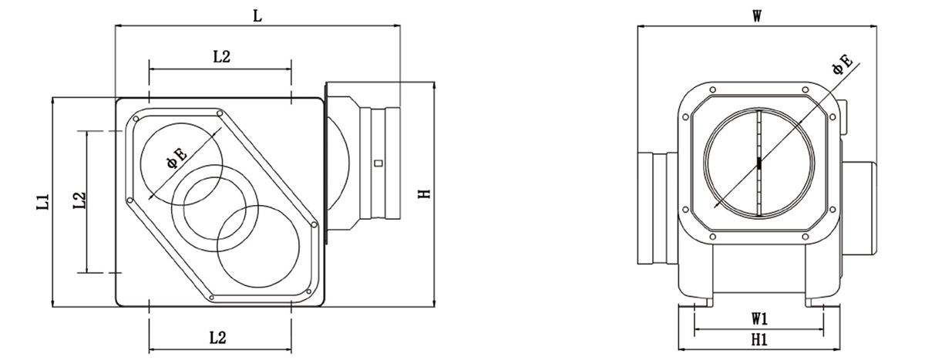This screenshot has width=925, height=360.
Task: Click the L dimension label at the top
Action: [x=257, y=16]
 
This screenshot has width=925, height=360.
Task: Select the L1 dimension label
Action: [x=44, y=202]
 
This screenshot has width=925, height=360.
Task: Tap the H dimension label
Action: [x=424, y=193]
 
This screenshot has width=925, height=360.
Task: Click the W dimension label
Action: [x=756, y=16]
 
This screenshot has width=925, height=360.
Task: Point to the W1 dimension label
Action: [x=759, y=318]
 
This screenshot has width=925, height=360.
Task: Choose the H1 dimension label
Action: [x=759, y=340]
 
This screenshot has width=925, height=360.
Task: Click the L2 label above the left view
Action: [x=221, y=56]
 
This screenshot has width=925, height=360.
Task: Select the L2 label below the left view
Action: [x=217, y=338]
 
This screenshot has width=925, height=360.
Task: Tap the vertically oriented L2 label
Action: [x=79, y=200]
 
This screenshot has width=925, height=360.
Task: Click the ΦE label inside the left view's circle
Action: [x=177, y=158]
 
